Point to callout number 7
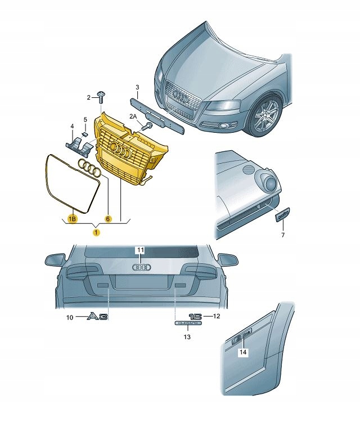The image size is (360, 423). tap(283, 235)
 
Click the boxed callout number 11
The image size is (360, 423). tap(141, 249)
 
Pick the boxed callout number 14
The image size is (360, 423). tap(242, 353)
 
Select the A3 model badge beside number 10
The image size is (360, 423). tap(97, 318)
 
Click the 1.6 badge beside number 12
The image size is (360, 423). tap(195, 317)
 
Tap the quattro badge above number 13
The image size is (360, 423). tap(187, 325)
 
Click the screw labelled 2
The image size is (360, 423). tap(102, 97)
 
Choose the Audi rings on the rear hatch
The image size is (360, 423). tap(141, 268)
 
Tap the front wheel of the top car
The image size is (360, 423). tap(267, 117)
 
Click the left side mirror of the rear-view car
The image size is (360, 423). tap(55, 260)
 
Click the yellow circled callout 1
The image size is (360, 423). tap(97, 232)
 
